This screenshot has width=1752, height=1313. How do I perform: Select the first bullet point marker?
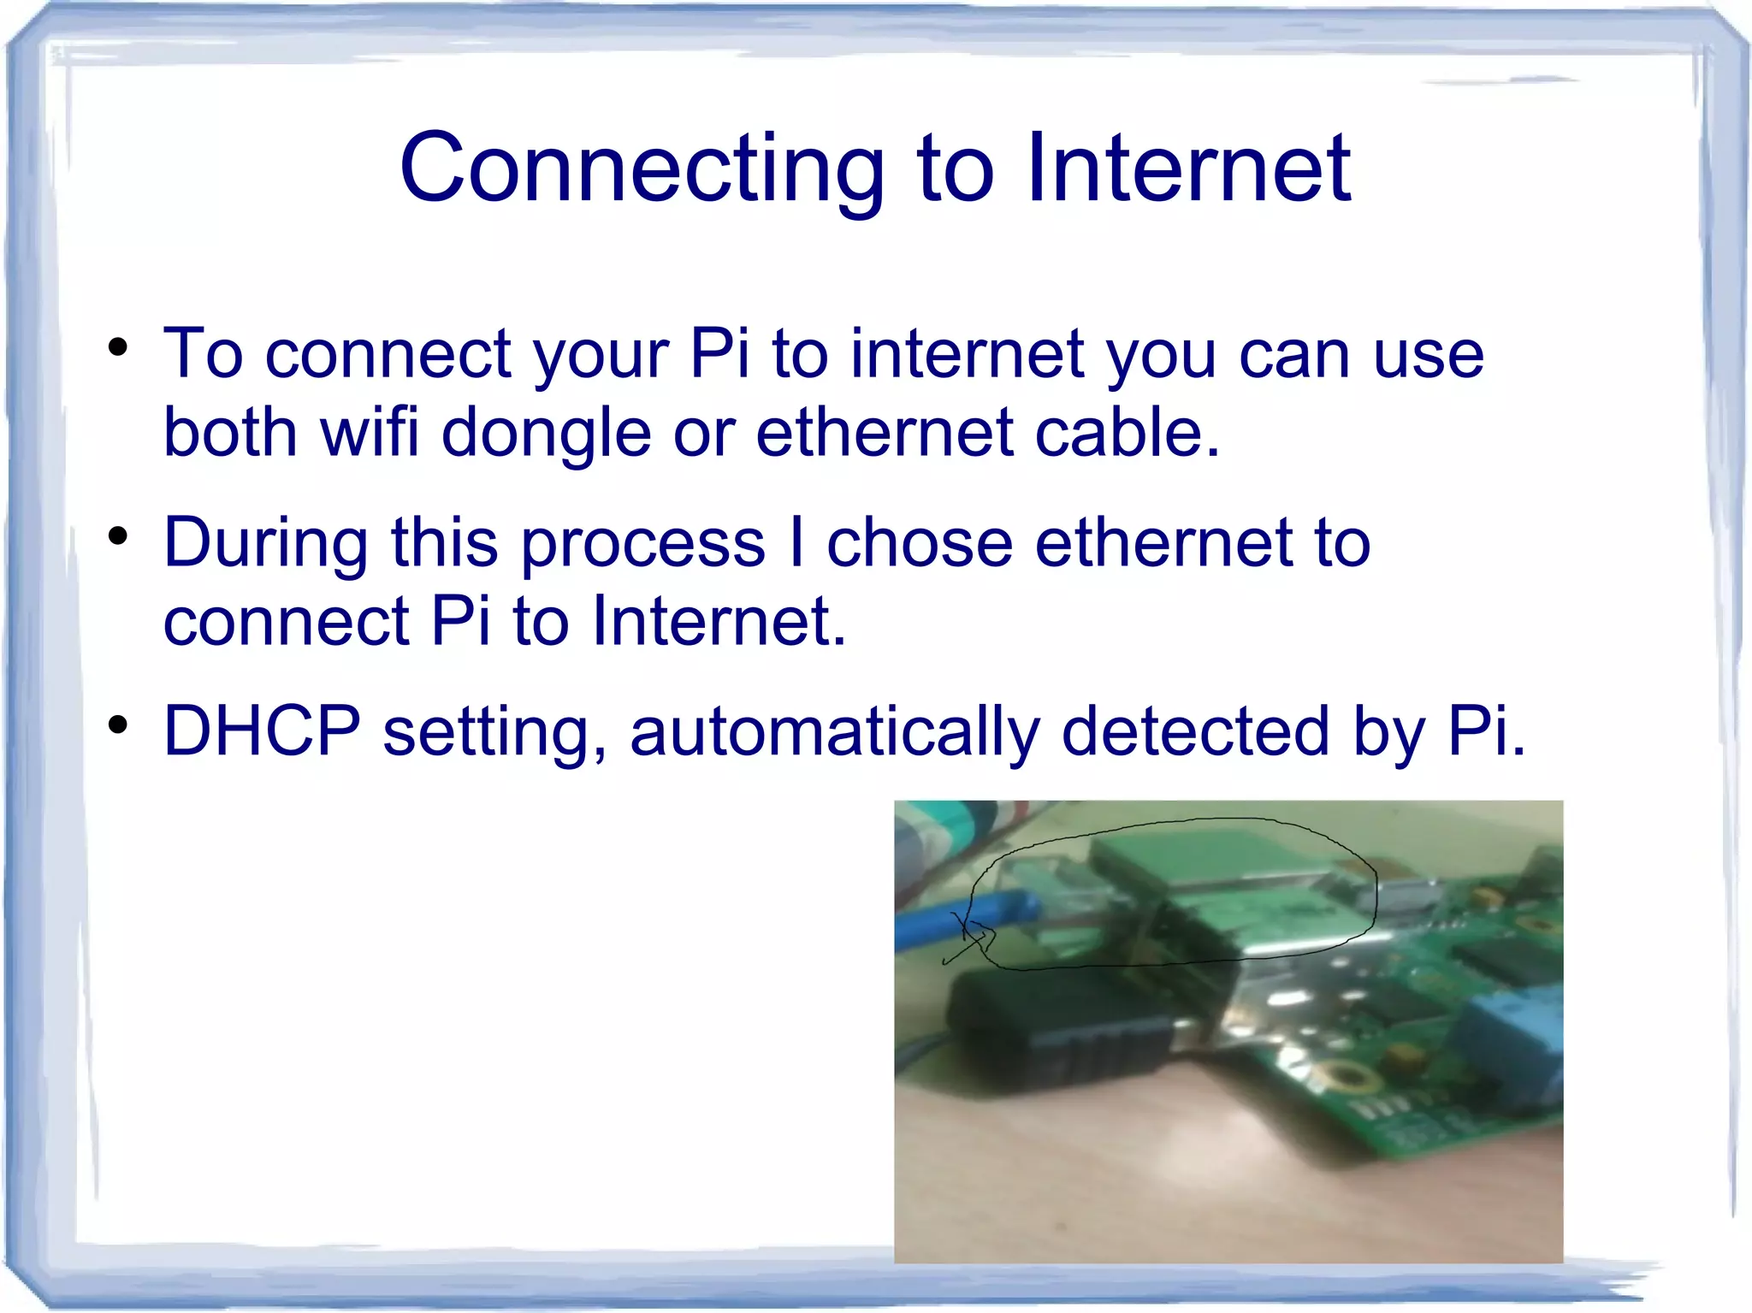pos(118,349)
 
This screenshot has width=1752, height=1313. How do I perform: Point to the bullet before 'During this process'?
pos(118,537)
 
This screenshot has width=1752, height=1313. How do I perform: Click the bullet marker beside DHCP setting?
pos(118,725)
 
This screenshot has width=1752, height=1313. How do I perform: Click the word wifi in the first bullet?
pos(370,432)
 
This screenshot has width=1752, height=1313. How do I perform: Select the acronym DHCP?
pos(262,731)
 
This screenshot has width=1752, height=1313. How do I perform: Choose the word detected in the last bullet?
pos(1195,731)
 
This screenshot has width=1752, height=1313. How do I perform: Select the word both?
pos(230,432)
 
